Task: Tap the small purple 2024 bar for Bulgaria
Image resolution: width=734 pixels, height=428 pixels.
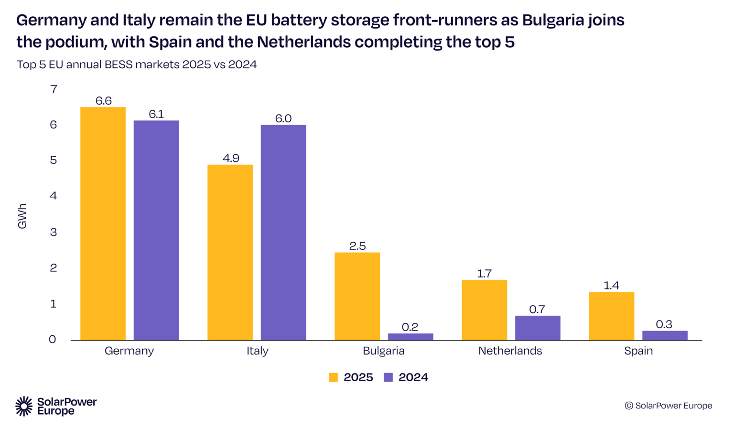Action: [410, 337]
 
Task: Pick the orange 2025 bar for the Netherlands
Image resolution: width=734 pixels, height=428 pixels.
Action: [484, 310]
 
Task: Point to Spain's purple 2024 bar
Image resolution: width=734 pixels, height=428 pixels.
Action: [665, 335]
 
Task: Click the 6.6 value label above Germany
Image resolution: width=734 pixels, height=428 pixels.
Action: [103, 101]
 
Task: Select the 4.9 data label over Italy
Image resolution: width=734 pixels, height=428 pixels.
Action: [231, 158]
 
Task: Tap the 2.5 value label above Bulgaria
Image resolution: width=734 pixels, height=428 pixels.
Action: [357, 246]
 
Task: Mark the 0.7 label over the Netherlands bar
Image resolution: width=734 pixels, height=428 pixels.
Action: [537, 310]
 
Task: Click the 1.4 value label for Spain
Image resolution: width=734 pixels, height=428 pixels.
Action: [611, 286]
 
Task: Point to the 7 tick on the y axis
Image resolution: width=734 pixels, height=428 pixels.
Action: [54, 89]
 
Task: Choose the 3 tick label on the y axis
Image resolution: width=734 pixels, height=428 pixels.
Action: [54, 232]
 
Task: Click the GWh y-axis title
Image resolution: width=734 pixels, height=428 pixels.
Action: [22, 216]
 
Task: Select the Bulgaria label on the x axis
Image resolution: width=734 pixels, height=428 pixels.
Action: [384, 351]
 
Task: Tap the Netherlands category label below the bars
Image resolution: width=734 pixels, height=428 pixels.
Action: [510, 351]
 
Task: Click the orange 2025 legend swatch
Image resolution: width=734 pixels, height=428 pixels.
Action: [334, 377]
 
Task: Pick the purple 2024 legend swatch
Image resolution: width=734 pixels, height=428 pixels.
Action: [389, 377]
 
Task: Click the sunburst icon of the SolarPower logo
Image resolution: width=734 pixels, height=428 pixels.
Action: [24, 406]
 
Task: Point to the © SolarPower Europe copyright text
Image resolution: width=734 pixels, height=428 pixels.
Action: [669, 406]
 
